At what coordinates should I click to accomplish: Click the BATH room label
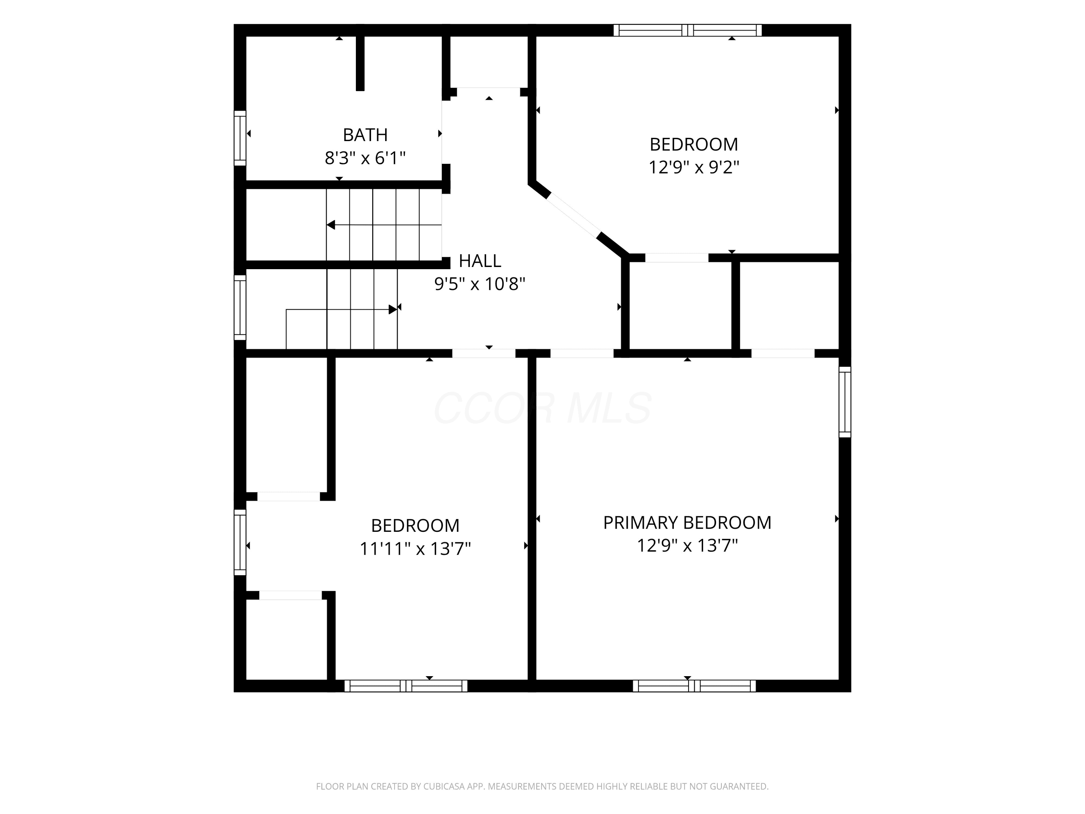pos(365,135)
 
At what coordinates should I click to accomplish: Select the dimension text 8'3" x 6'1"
pos(365,158)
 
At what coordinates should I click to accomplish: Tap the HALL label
pos(480,260)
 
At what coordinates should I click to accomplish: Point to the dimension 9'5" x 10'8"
pos(480,284)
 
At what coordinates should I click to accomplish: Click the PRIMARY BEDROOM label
pos(687,522)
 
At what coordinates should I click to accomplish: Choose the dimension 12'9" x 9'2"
pos(694,167)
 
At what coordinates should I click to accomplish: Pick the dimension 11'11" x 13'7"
pos(415,548)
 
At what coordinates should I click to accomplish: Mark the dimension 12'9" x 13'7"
pos(687,546)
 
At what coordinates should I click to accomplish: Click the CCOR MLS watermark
pos(542,408)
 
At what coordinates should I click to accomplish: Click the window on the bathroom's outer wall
pos(240,138)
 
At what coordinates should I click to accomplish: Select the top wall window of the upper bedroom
pos(687,30)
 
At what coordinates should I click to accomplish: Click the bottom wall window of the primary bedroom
pos(694,686)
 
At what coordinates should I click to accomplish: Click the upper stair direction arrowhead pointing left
pos(331,225)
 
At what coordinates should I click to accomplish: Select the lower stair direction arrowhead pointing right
pos(392,310)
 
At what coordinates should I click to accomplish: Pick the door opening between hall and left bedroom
pos(484,353)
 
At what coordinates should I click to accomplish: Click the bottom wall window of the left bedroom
pos(406,686)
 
